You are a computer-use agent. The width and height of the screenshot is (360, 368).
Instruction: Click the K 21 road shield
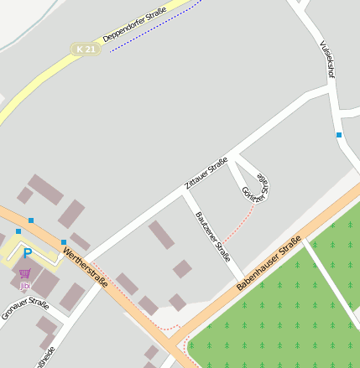86,49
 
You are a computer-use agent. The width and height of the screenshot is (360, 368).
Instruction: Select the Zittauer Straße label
206,173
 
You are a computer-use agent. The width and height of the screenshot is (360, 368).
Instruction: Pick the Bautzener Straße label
212,236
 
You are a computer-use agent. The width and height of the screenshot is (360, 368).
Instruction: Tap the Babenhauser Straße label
268,264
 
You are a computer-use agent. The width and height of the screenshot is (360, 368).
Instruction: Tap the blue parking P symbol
27,252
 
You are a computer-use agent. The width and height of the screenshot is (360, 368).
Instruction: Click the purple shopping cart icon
24,274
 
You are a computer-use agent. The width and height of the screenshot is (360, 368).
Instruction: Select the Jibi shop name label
24,286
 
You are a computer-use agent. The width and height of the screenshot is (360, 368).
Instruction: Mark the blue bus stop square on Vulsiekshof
339,134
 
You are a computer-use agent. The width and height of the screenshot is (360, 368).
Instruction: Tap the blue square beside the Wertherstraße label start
64,242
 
